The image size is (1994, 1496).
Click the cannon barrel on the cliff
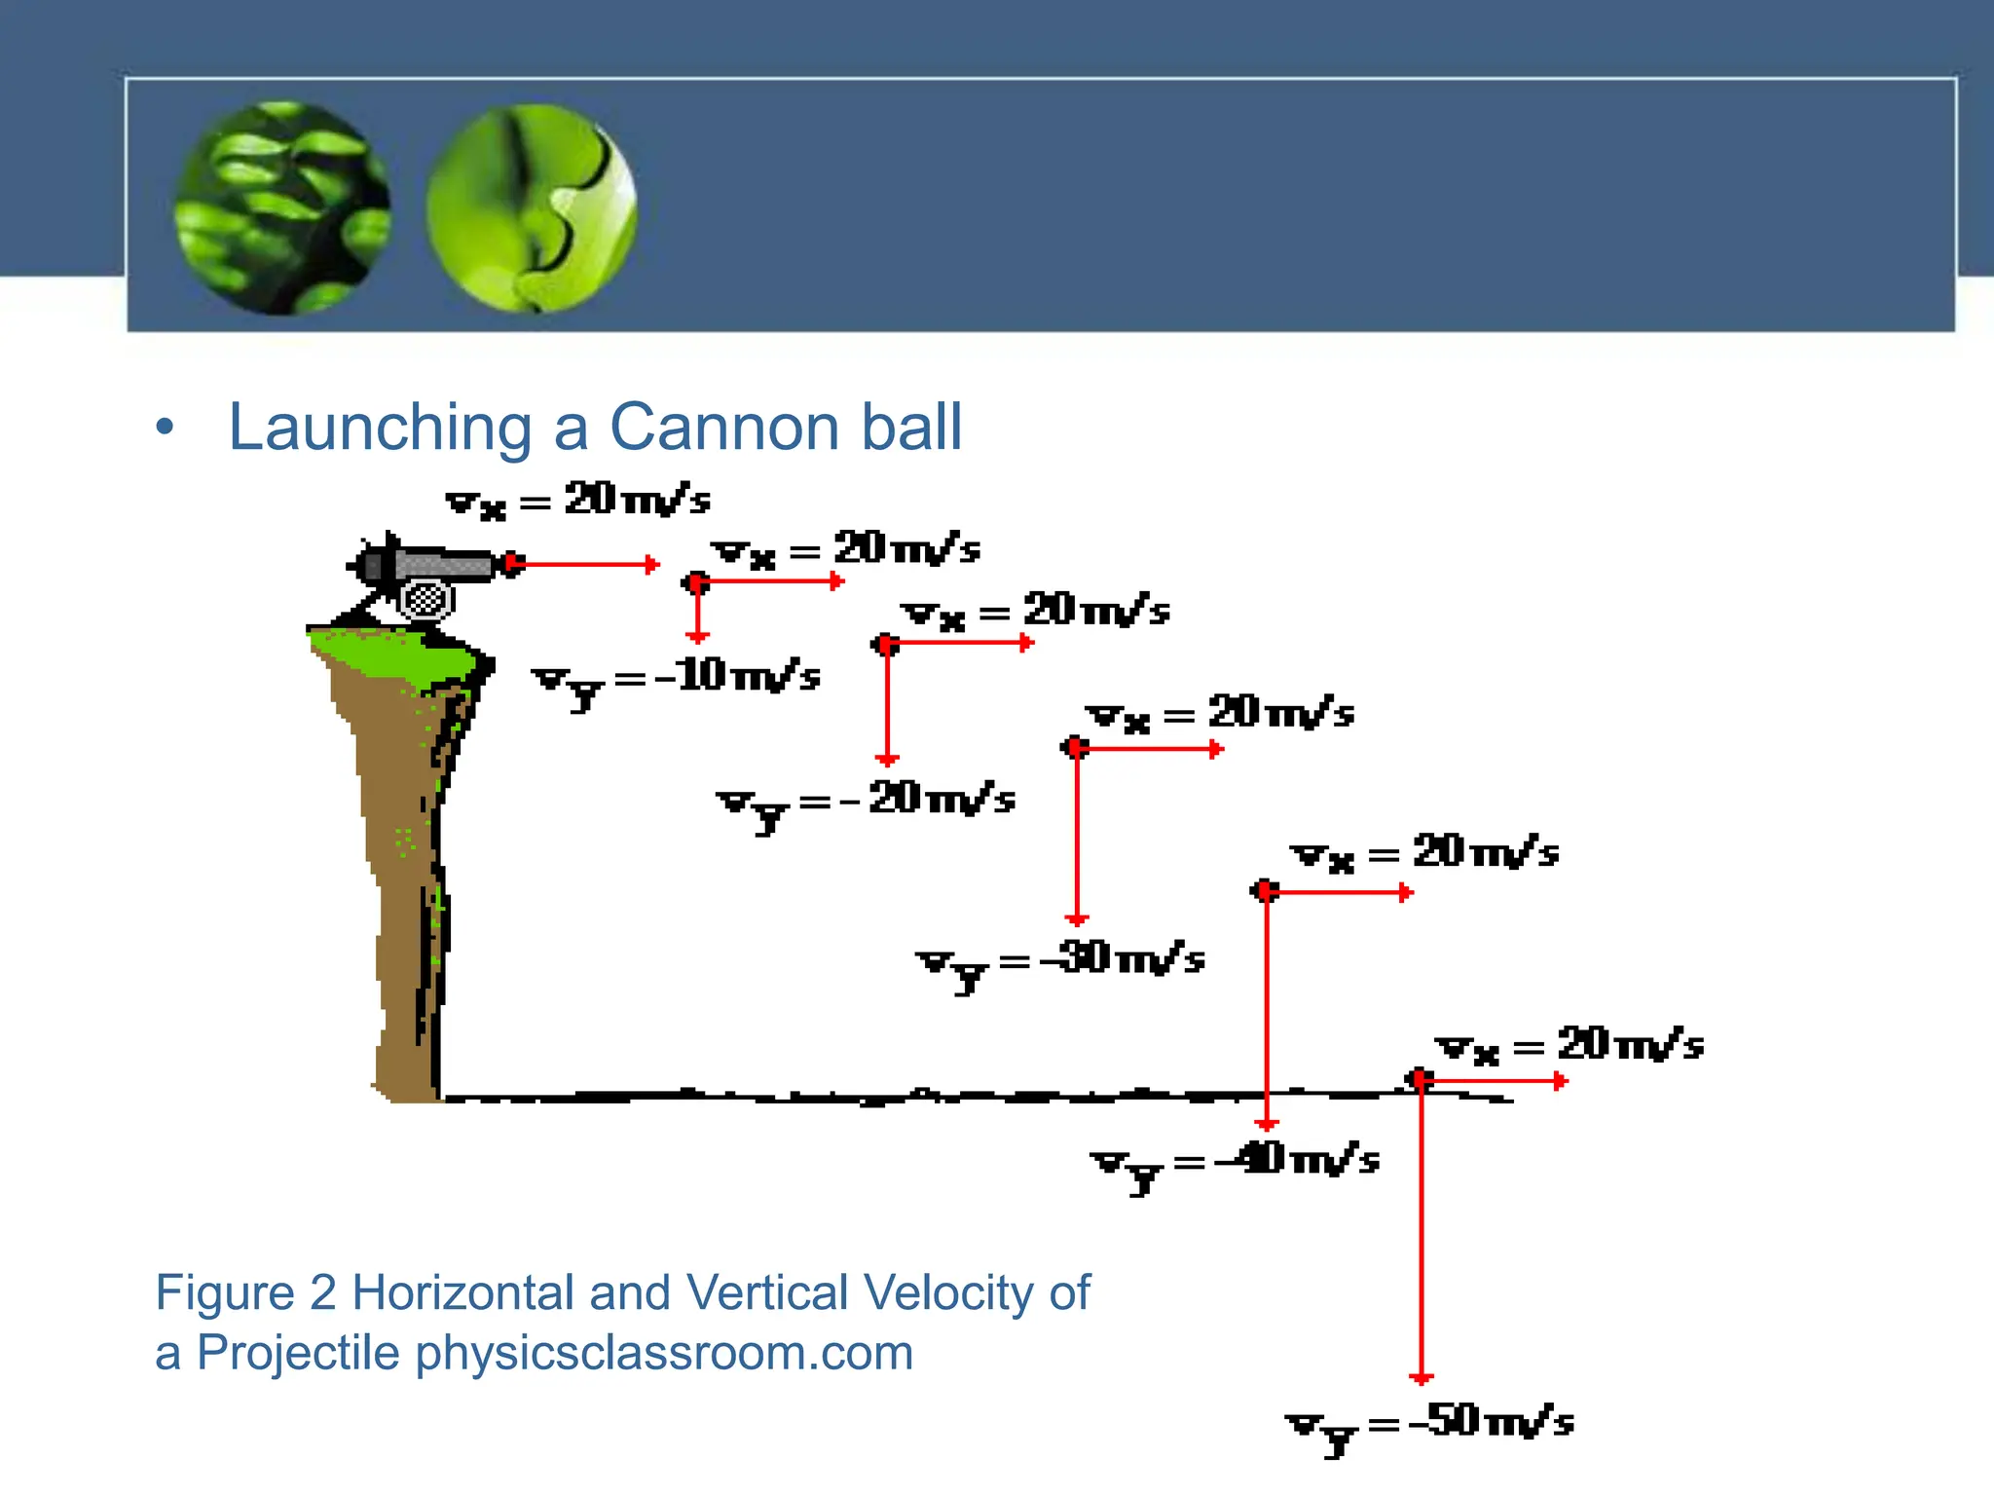[x=438, y=564]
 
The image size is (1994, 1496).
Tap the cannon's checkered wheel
[x=425, y=600]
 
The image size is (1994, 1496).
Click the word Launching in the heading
[x=380, y=428]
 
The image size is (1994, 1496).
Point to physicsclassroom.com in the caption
[x=664, y=1353]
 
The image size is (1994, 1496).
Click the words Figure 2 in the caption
[x=245, y=1293]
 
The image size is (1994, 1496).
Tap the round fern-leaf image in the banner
[x=282, y=207]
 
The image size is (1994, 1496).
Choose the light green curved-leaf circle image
[x=532, y=208]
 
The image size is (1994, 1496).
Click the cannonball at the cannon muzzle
[x=512, y=564]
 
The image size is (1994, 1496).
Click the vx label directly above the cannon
[x=578, y=501]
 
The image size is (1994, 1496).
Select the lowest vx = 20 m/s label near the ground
[x=1569, y=1046]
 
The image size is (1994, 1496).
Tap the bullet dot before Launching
[x=166, y=428]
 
